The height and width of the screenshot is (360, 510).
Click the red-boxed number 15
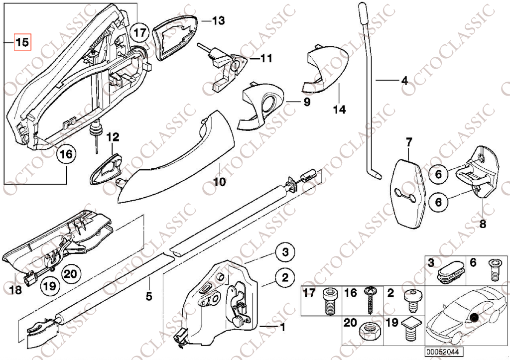[22, 43]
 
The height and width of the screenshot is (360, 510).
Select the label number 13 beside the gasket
[218, 21]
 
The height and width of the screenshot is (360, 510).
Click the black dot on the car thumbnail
[473, 318]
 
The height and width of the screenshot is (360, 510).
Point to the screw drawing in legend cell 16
[370, 301]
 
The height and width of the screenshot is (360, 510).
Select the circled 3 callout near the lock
[285, 252]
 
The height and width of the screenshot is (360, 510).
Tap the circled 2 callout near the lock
[285, 277]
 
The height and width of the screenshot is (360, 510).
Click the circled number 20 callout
[71, 273]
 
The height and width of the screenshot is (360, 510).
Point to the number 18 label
[15, 291]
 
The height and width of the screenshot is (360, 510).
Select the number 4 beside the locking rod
[404, 80]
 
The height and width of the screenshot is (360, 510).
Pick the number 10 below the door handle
[219, 182]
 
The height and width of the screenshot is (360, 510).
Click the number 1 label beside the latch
[282, 328]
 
